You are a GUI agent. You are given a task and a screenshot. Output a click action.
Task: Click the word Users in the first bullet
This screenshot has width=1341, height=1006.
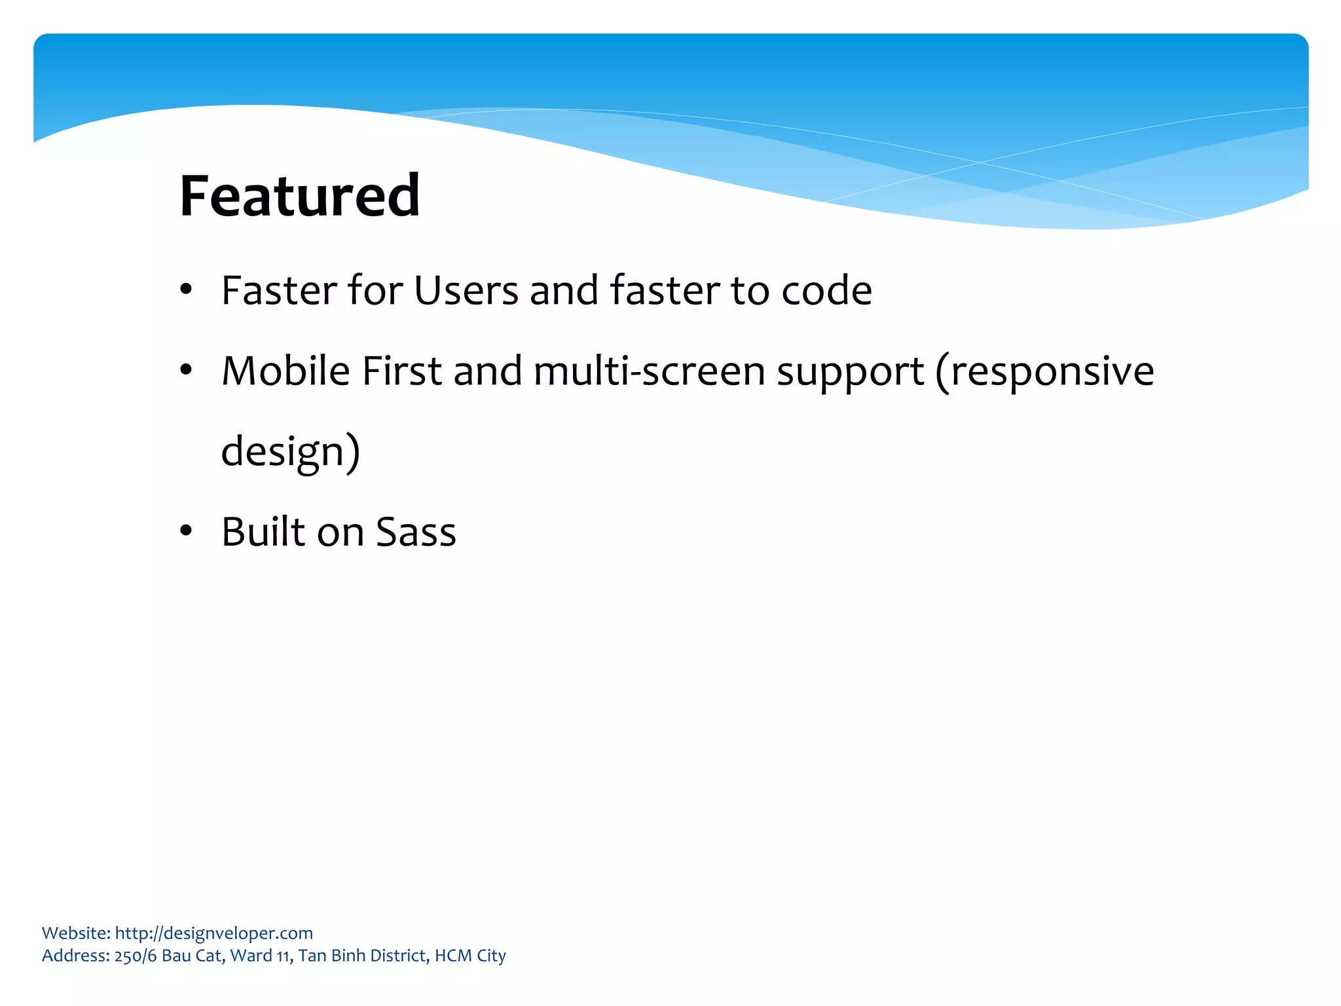tap(466, 290)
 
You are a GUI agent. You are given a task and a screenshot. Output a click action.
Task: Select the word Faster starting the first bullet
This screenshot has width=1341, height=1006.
tap(279, 290)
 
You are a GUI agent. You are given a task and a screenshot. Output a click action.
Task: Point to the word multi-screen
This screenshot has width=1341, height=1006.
tap(649, 371)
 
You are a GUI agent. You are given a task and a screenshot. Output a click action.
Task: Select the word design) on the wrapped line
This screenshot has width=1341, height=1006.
tap(290, 452)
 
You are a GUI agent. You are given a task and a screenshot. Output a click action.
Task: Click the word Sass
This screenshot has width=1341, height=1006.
tap(416, 532)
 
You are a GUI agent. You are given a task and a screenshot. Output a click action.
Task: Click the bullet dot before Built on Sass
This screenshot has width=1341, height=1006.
tap(186, 531)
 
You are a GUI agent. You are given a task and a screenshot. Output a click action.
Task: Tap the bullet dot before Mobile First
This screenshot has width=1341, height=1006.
tap(186, 371)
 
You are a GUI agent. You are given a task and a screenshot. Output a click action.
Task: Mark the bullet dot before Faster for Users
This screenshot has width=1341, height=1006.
tap(186, 289)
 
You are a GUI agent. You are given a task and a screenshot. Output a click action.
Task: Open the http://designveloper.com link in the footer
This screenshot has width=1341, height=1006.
tap(213, 933)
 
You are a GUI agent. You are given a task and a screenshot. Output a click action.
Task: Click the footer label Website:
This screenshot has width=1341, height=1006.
tap(76, 933)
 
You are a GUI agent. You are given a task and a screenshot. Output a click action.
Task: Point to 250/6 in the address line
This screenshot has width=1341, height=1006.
tap(136, 956)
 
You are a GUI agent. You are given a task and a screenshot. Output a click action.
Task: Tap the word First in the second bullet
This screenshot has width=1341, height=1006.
tap(401, 371)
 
